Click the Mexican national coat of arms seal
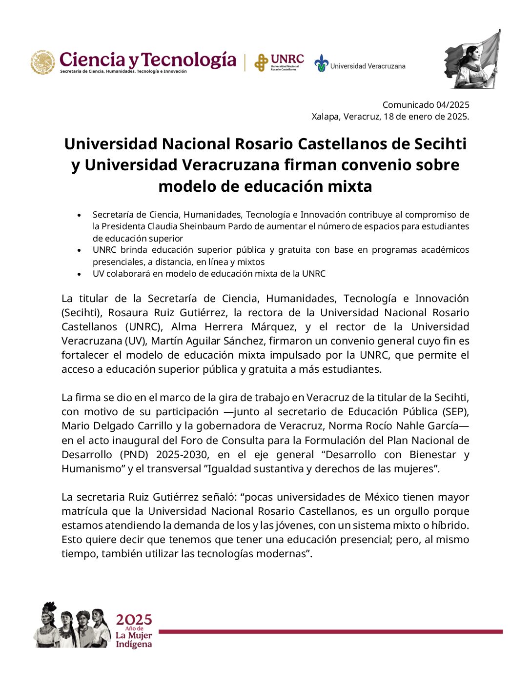[43, 62]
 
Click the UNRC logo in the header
[279, 62]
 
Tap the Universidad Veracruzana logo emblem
[321, 63]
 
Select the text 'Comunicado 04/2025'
[426, 104]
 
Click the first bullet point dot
[79, 215]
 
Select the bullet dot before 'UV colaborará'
[79, 274]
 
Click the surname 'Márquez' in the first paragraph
[273, 327]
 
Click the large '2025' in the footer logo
[134, 620]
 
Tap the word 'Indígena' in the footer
[134, 645]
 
